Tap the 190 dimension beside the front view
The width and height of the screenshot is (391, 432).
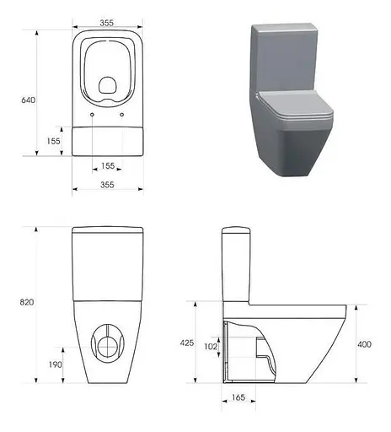(54, 364)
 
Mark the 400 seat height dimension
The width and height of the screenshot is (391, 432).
(365, 343)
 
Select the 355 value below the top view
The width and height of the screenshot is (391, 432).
(107, 184)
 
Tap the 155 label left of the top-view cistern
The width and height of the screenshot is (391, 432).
(54, 141)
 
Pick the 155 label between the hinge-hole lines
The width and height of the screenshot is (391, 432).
(107, 165)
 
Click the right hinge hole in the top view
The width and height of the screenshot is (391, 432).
(123, 113)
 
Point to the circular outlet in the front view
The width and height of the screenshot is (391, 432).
(107, 342)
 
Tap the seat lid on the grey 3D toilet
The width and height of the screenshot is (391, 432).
(296, 110)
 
